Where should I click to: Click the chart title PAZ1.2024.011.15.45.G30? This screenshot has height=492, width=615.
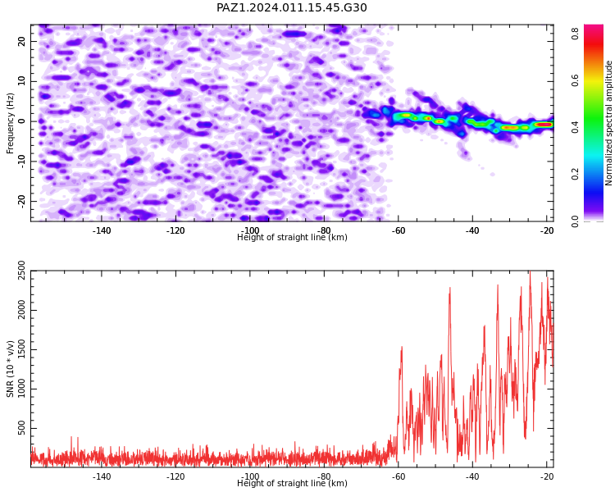pos(291,7)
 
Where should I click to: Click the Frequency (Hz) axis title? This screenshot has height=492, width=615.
pos(10,123)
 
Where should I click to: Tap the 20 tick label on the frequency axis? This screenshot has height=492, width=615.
pos(21,41)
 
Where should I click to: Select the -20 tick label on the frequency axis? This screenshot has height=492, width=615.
pos(21,201)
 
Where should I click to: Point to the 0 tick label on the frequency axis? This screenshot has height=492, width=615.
pos(21,121)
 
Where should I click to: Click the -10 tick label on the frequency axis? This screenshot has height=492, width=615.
pos(21,162)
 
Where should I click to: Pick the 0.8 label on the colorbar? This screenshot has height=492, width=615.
pos(575,34)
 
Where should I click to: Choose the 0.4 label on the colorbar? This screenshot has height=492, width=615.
pos(575,127)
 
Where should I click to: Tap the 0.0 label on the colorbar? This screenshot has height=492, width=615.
pos(575,221)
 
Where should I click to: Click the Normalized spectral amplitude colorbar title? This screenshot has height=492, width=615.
pos(608,123)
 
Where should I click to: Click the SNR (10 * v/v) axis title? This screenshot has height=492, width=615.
pos(10,369)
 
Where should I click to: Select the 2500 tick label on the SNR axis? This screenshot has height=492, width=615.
pos(21,271)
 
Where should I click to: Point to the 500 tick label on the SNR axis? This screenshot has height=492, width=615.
pos(21,428)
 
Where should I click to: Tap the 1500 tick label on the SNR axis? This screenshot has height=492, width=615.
pos(21,349)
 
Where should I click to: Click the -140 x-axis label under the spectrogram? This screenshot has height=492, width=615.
pos(101,230)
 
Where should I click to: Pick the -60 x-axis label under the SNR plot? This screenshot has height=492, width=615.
pos(398,476)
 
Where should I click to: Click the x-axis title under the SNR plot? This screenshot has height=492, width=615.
pos(292,483)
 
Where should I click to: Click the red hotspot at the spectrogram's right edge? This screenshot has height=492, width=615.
pos(545,125)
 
